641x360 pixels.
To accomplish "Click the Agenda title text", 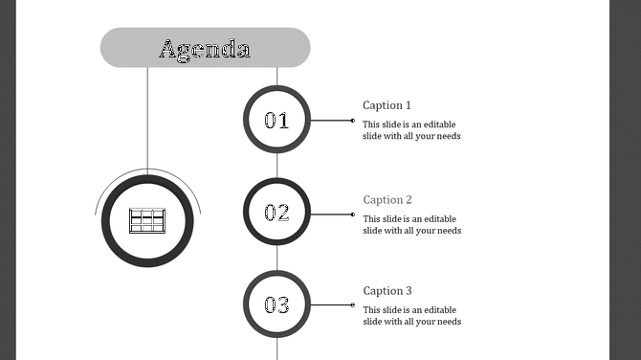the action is tap(205, 49).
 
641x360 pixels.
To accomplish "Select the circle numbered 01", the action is tap(276, 121).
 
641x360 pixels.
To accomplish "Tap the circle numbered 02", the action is tap(276, 214).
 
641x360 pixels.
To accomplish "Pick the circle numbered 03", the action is tap(276, 305).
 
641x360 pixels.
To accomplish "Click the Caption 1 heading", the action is tap(387, 105).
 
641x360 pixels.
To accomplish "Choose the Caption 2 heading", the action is tap(387, 200).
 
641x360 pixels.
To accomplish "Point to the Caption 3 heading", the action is tap(387, 291).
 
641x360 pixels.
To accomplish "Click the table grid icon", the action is tap(147, 221).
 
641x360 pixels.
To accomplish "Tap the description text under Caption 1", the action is tap(411, 130).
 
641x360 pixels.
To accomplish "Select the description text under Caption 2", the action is tap(411, 225).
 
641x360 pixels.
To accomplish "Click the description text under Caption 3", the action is tap(411, 316).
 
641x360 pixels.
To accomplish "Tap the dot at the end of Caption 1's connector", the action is tap(353, 121).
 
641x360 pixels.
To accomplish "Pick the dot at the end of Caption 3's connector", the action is tap(353, 305).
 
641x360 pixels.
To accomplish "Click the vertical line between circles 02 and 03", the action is tap(276, 259).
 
